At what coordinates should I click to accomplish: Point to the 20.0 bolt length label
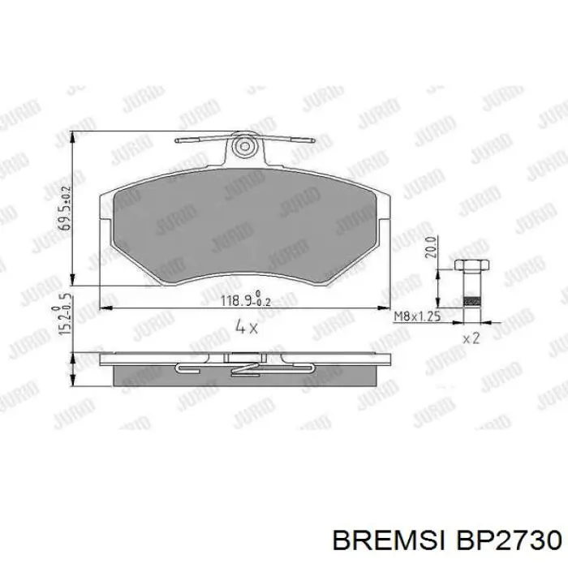(x=432, y=246)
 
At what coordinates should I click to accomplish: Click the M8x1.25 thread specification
(x=416, y=316)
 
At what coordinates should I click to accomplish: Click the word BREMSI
(x=389, y=539)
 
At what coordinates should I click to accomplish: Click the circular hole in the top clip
(x=243, y=147)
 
